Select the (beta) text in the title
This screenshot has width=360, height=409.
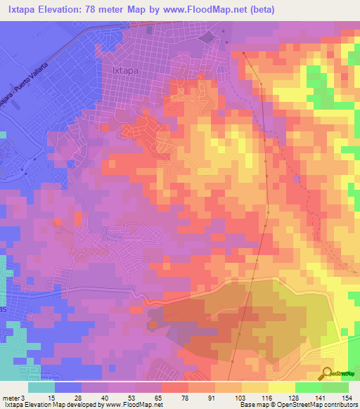(x=259, y=9)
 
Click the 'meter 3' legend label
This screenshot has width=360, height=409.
(x=13, y=397)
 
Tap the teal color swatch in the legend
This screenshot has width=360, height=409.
(x=41, y=387)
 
